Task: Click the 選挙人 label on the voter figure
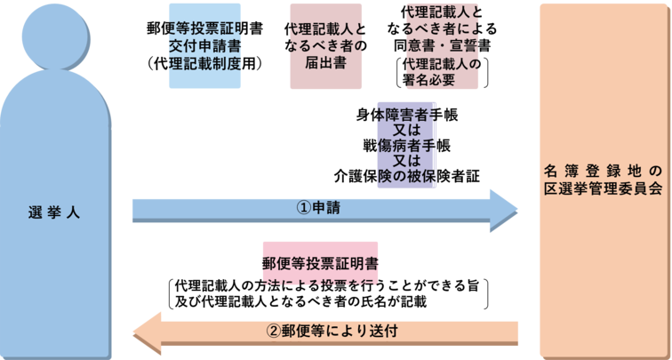(x=54, y=212)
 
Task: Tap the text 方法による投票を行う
(x=320, y=284)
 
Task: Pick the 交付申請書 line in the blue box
(x=204, y=45)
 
